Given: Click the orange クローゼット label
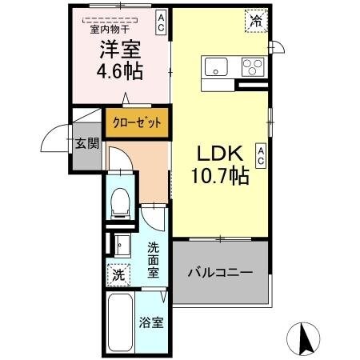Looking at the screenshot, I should pyautogui.click(x=137, y=122).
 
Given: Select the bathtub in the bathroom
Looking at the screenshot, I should pyautogui.click(x=118, y=324).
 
